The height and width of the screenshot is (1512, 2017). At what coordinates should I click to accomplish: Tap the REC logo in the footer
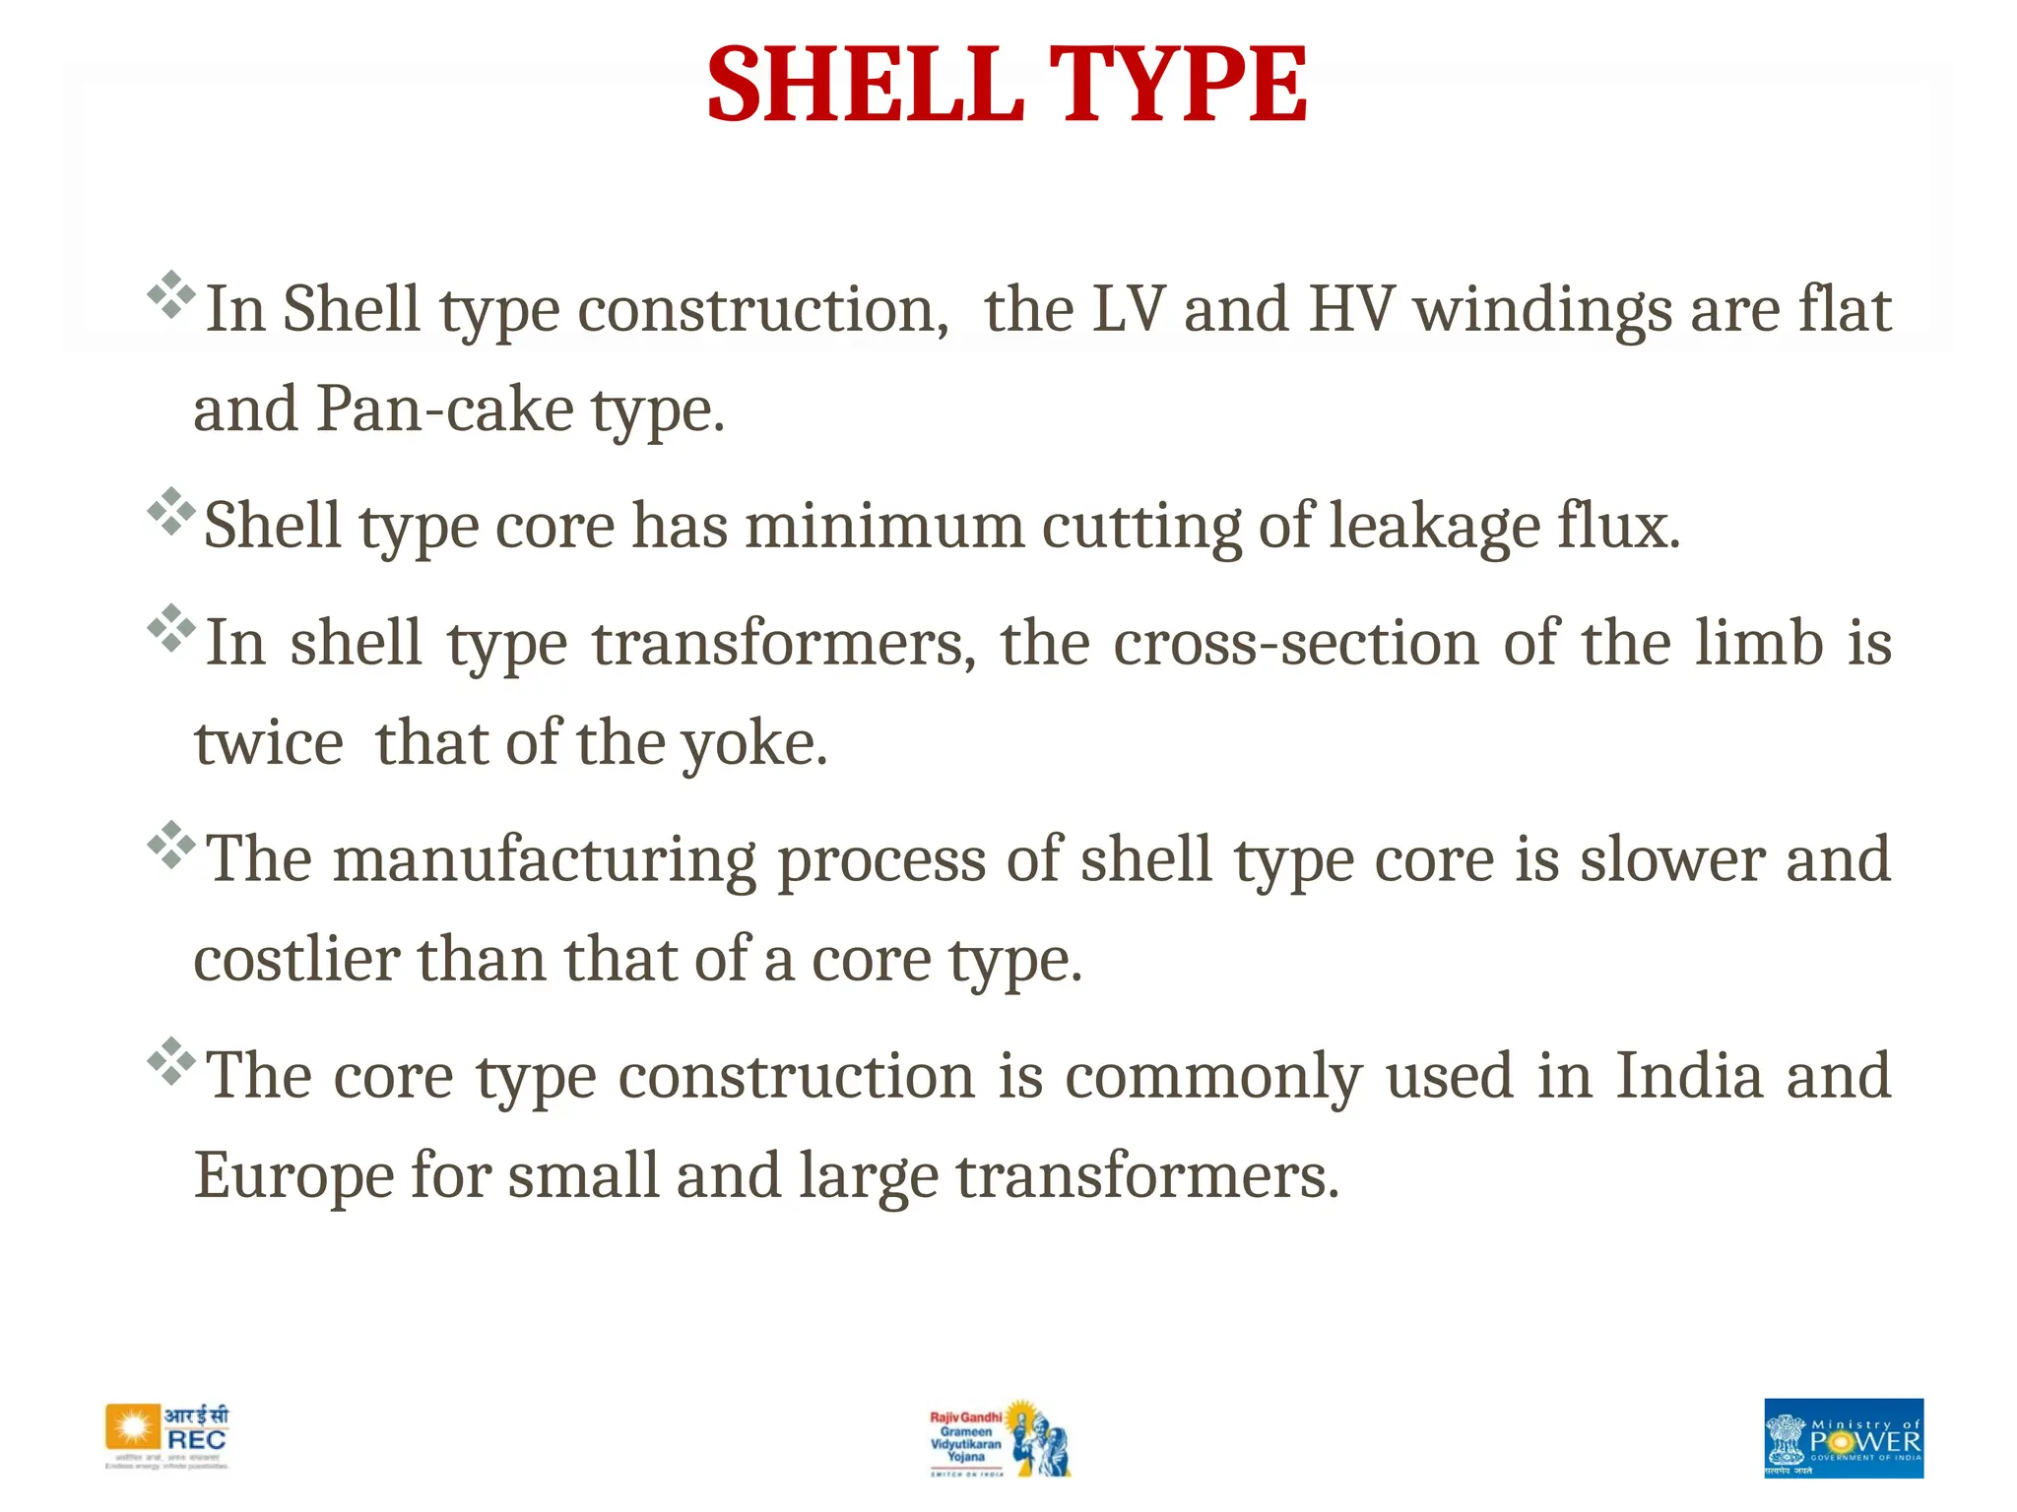pos(168,1437)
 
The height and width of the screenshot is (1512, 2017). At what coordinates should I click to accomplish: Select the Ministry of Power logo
pos(1843,1437)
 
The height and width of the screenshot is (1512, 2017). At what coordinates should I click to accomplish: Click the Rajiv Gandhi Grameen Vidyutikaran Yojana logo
pos(999,1437)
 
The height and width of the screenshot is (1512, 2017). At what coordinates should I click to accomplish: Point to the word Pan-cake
pos(444,409)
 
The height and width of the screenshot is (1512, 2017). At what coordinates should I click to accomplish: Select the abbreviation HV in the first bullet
pos(1351,309)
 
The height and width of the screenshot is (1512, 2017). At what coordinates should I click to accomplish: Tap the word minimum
pos(883,526)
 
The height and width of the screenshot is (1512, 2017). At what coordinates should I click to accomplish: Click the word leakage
pos(1434,526)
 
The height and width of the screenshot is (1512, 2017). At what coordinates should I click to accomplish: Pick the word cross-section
pos(1296,643)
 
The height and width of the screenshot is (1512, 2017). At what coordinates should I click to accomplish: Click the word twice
pos(268,743)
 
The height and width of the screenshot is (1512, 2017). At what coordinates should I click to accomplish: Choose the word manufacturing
pos(545,859)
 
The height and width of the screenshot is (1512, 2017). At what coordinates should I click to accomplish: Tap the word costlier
pos(296,960)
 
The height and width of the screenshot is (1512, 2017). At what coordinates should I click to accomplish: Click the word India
pos(1689,1075)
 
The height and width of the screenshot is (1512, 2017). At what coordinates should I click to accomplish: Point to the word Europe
pos(293,1175)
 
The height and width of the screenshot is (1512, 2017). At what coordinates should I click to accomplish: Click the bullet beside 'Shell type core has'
pos(171,511)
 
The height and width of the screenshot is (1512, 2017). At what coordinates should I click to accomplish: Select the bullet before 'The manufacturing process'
pos(171,845)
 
